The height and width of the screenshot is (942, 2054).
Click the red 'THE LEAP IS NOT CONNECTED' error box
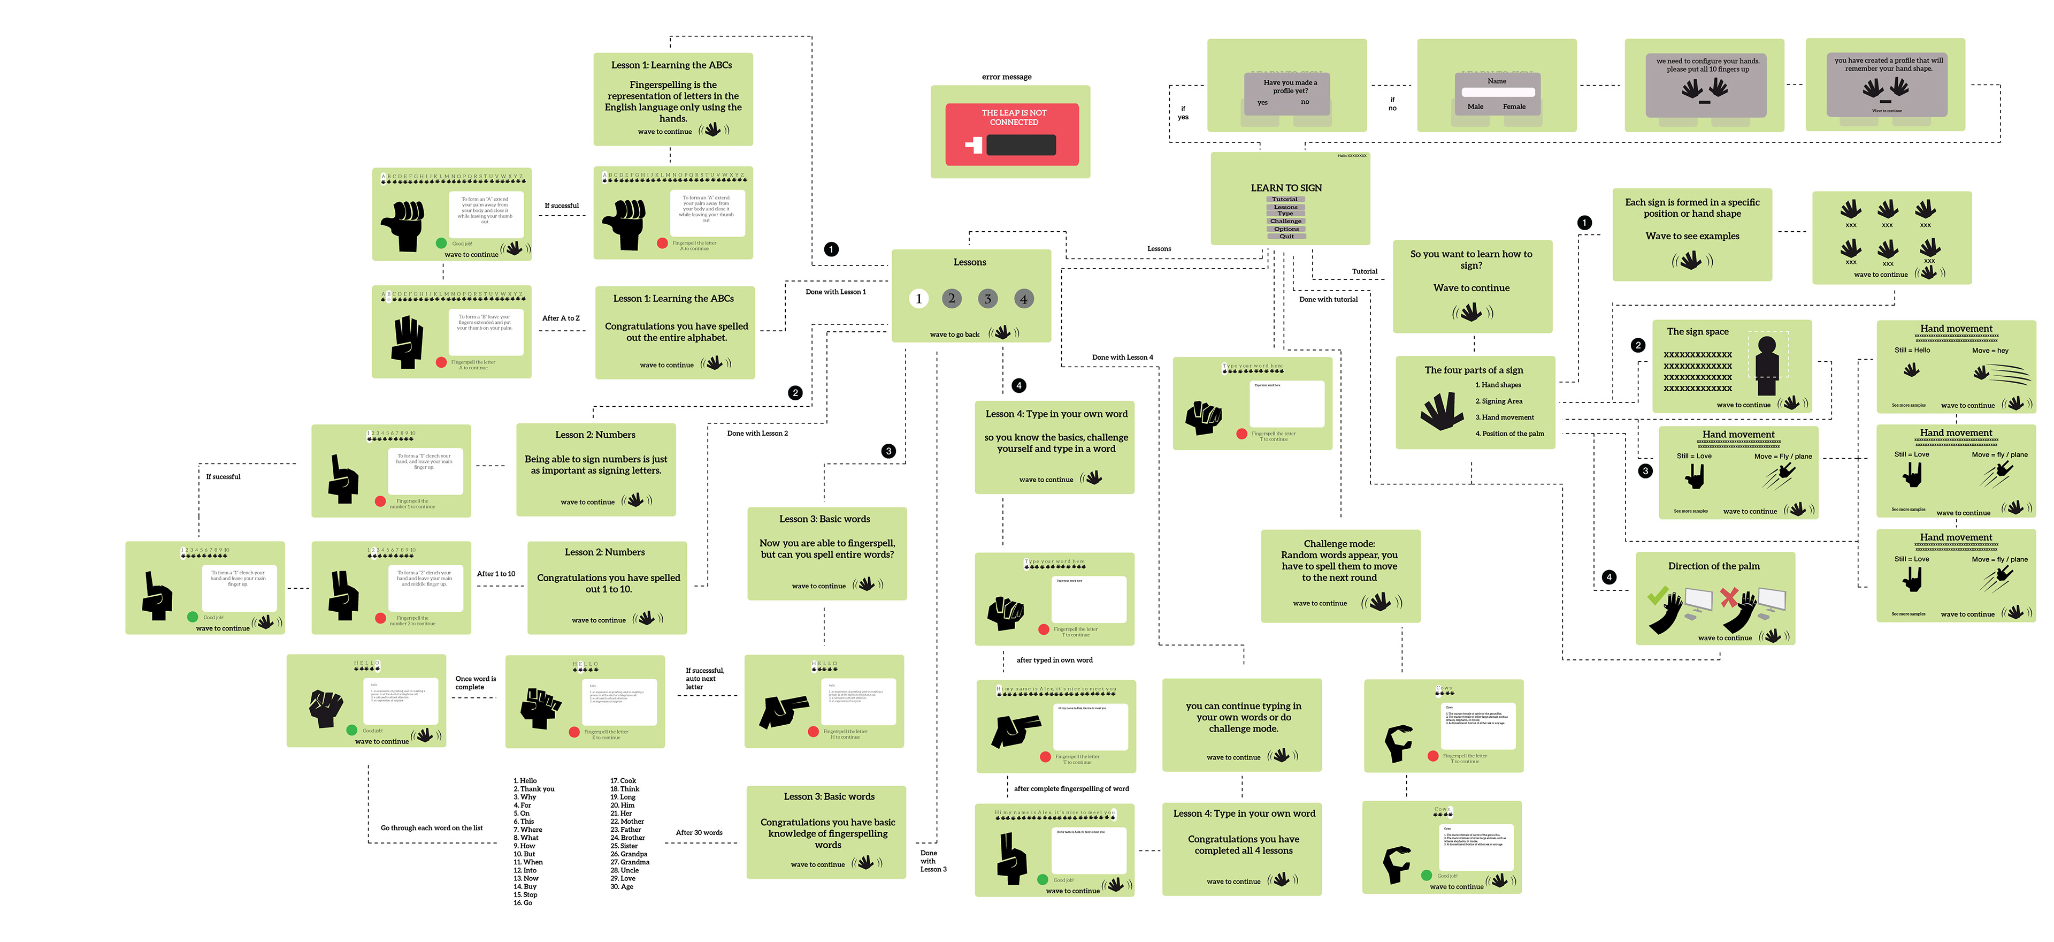click(1012, 133)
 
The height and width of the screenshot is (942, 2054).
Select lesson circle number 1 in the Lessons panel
click(918, 299)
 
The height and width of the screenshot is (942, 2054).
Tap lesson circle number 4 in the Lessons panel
click(1023, 299)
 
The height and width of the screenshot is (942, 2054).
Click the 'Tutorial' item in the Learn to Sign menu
click(1284, 200)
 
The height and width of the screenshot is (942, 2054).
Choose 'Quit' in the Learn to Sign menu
click(1286, 236)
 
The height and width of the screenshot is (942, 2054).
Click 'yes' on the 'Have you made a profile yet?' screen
click(1262, 103)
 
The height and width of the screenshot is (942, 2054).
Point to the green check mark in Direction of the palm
click(1658, 595)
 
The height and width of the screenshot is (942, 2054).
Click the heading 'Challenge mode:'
click(1339, 544)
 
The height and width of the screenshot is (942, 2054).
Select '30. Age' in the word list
click(622, 887)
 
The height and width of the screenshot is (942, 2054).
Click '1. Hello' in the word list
click(525, 781)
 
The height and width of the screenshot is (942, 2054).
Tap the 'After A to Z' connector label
click(561, 318)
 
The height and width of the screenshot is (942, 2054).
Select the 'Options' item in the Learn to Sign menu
click(1285, 229)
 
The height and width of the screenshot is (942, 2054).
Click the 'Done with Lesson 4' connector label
click(1122, 358)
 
